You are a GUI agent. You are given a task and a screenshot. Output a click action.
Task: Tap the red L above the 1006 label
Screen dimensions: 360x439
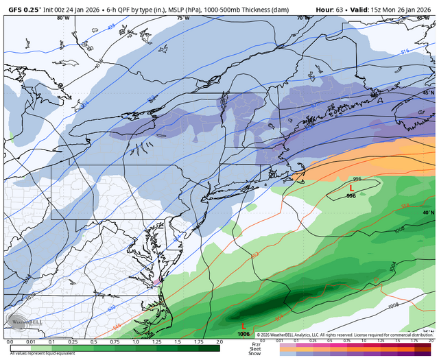(244, 326)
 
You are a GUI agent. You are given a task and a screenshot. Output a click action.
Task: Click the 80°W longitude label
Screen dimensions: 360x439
(63, 19)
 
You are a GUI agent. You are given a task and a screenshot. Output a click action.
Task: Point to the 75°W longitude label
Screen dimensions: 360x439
(182, 19)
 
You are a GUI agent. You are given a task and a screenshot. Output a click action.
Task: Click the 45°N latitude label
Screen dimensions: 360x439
(428, 93)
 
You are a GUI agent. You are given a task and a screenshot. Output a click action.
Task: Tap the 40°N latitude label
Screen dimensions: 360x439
(428, 213)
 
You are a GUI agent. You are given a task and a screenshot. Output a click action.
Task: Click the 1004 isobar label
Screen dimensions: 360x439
(391, 265)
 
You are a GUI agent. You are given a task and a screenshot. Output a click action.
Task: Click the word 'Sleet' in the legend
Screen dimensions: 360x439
(256, 349)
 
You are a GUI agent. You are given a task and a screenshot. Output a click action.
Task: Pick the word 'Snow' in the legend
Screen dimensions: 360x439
(256, 354)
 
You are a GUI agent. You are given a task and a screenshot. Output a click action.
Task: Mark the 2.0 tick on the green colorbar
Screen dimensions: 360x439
(219, 341)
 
